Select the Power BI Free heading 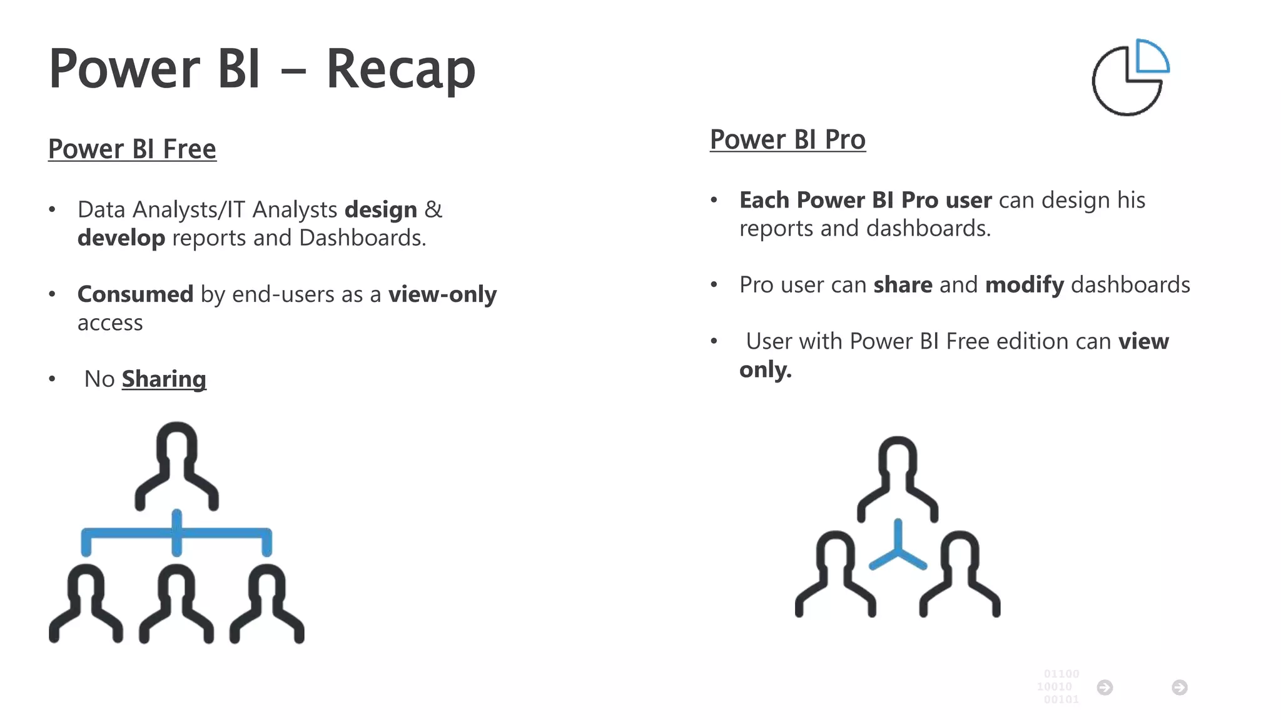click(x=132, y=149)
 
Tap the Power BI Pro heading click(x=787, y=139)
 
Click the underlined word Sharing click(x=164, y=379)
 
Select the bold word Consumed click(x=135, y=294)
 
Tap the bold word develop click(x=121, y=238)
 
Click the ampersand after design click(x=433, y=209)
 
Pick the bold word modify click(x=1024, y=285)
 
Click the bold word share click(x=903, y=285)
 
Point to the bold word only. click(x=765, y=369)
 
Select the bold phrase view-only click(x=442, y=294)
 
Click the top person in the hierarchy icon click(x=177, y=466)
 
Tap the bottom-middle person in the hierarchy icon click(x=176, y=603)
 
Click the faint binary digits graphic click(x=1059, y=686)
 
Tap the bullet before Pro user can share click(x=714, y=285)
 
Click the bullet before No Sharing click(x=52, y=379)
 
